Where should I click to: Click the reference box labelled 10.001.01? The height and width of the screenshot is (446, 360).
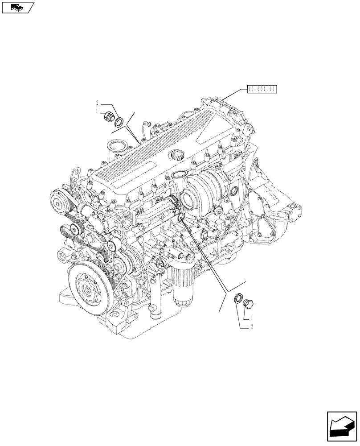coord(261,89)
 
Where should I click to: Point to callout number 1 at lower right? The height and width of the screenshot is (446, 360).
coord(252,318)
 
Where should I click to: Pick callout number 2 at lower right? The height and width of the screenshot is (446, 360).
coord(252,327)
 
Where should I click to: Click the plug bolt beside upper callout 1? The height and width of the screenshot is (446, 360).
coord(107,117)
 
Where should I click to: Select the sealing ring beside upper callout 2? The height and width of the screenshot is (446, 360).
coord(119,122)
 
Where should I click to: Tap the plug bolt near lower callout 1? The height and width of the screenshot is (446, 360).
coord(249,304)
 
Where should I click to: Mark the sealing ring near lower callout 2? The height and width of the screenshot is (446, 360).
coord(239,297)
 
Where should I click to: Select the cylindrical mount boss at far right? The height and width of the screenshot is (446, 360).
coord(295,209)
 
